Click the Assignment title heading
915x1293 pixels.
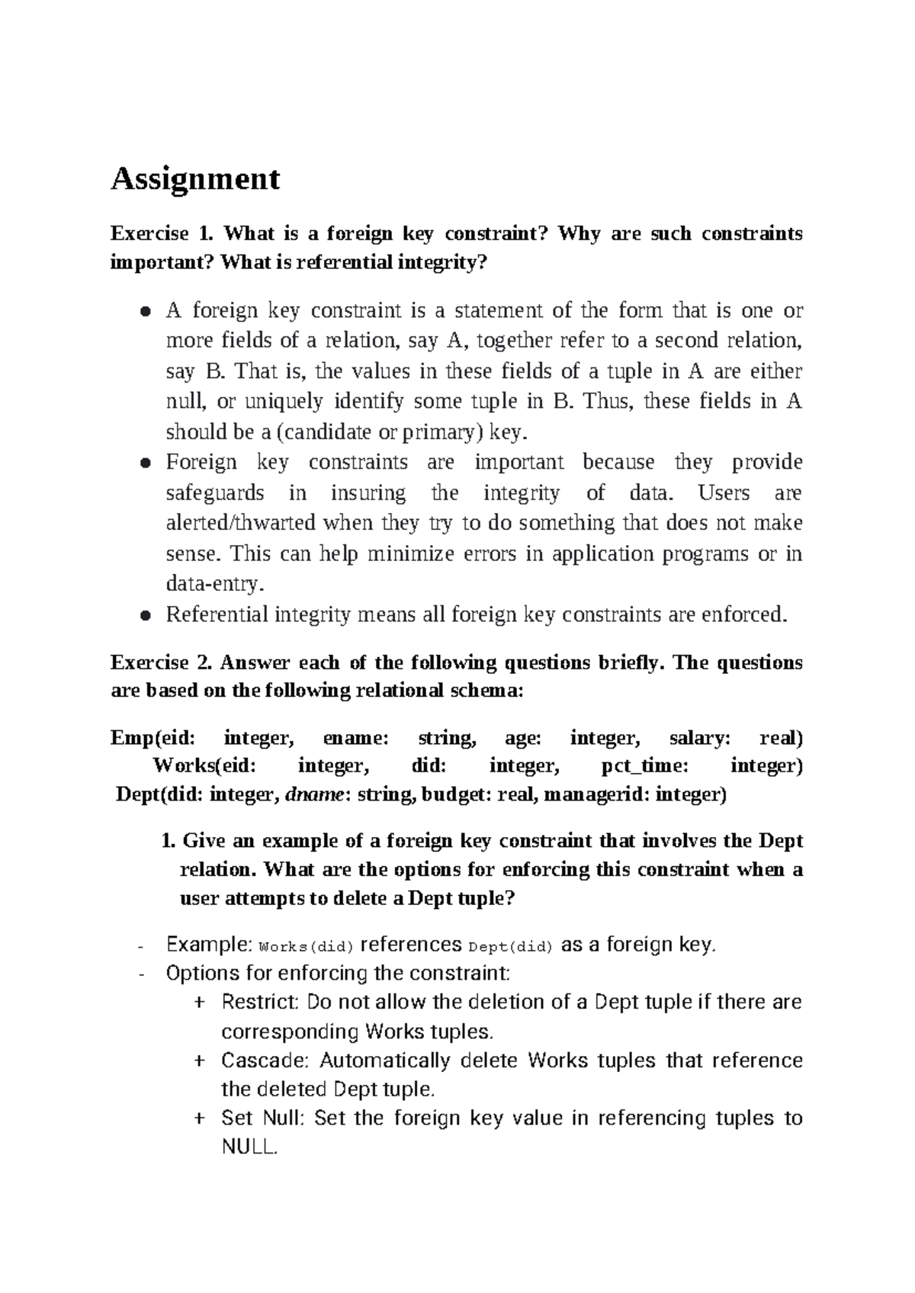(195, 179)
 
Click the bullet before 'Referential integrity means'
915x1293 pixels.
(144, 615)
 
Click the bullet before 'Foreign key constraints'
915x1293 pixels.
(144, 463)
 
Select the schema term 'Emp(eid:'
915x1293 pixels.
(152, 738)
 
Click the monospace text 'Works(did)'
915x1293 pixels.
(307, 948)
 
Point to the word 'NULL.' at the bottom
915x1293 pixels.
(249, 1147)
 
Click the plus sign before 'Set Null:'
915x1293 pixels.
(199, 1118)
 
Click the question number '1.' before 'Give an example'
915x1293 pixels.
(169, 841)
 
